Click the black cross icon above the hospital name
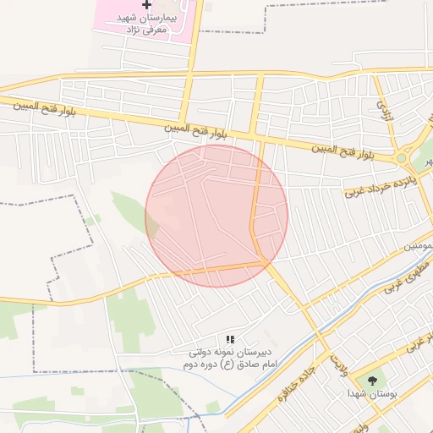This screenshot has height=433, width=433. (147, 5)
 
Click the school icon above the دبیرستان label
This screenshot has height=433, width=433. (230, 339)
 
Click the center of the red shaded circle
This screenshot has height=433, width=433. (216, 216)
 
